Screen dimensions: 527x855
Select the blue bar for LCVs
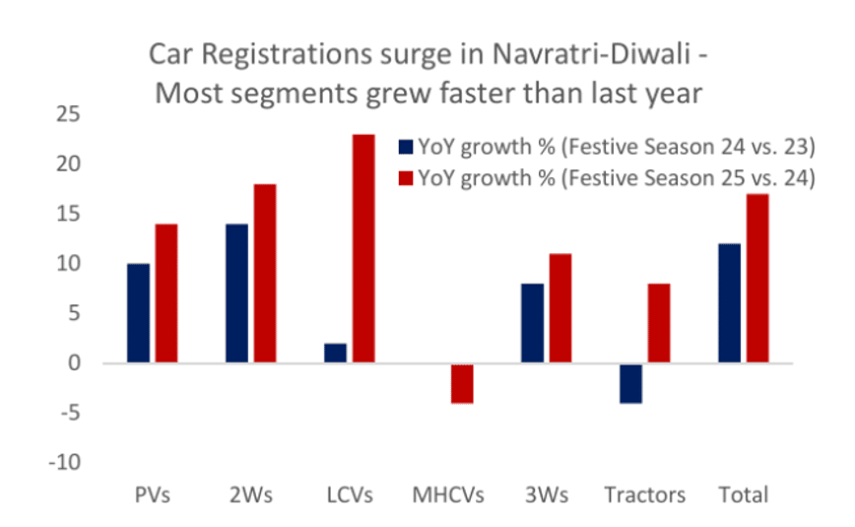coord(336,354)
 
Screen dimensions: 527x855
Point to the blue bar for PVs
coord(139,314)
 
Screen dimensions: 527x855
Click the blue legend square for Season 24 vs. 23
coord(405,148)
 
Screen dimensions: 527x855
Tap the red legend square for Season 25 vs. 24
coord(405,178)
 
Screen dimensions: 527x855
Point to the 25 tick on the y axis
coord(67,114)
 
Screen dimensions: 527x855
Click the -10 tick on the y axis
coord(64,462)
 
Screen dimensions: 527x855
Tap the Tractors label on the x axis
coord(645,494)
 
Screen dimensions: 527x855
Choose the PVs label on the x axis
coord(152,494)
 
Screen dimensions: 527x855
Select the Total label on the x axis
coord(744,494)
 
